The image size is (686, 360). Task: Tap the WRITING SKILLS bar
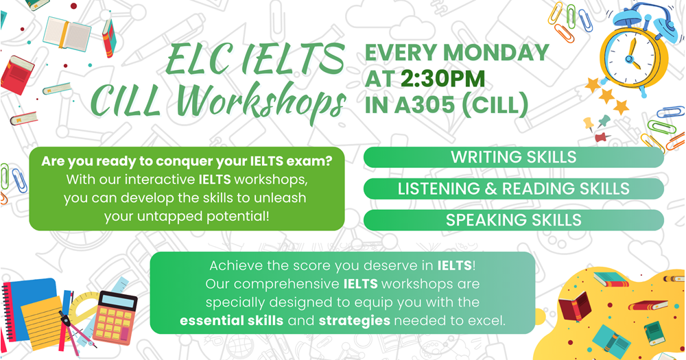coord(513,157)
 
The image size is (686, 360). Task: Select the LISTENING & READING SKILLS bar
coord(513,189)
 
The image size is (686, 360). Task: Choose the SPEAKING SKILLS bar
coord(513,220)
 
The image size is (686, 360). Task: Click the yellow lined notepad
coord(42,316)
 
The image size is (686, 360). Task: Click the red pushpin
coord(604,137)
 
